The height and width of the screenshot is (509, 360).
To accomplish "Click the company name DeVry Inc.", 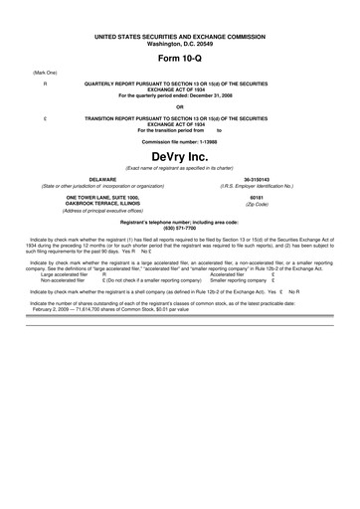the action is [x=180, y=157].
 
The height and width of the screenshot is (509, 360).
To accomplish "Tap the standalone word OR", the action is [x=180, y=106].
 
